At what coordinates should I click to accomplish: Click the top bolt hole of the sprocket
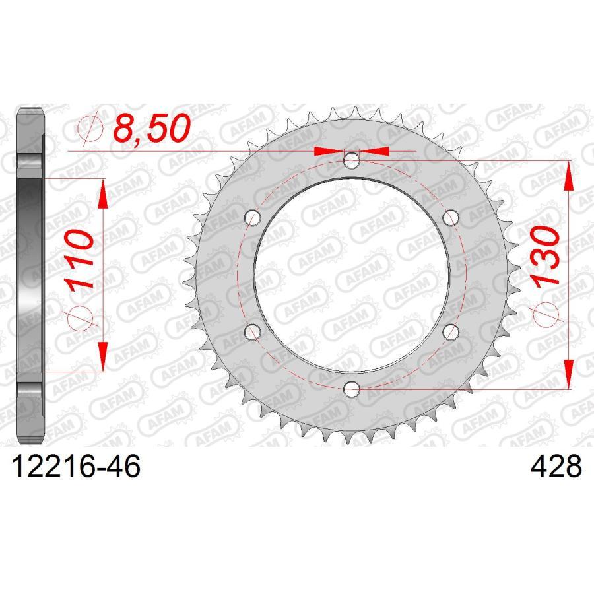point(352,160)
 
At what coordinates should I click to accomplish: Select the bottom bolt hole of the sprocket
point(352,389)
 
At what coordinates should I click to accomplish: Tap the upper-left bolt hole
point(252,217)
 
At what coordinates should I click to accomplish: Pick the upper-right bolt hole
point(451,217)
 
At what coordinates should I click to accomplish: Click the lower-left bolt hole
point(252,331)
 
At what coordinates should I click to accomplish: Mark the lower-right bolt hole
point(451,331)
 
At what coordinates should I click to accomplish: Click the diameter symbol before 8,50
point(90,128)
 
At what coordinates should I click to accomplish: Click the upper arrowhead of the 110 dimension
point(103,191)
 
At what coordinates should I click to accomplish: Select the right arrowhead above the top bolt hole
point(376,151)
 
